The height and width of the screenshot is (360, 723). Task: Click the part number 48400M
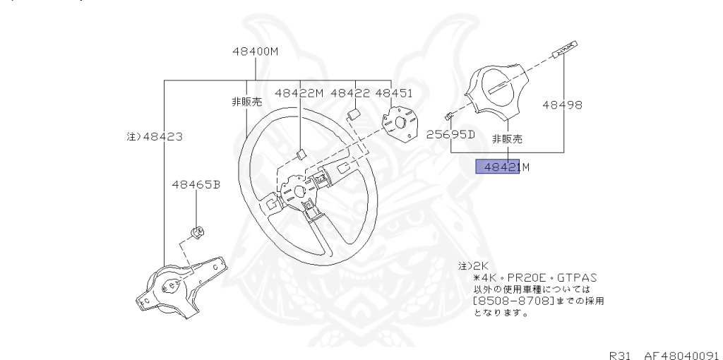click(x=256, y=51)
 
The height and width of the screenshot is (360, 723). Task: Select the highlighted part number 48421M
click(x=502, y=167)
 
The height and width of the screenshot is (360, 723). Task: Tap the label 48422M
click(x=299, y=92)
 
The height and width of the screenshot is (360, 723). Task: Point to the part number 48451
click(x=394, y=92)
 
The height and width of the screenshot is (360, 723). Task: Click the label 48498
click(x=562, y=105)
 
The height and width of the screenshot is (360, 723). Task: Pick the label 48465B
click(x=196, y=185)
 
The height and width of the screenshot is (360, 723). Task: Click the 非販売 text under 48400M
click(x=246, y=102)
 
